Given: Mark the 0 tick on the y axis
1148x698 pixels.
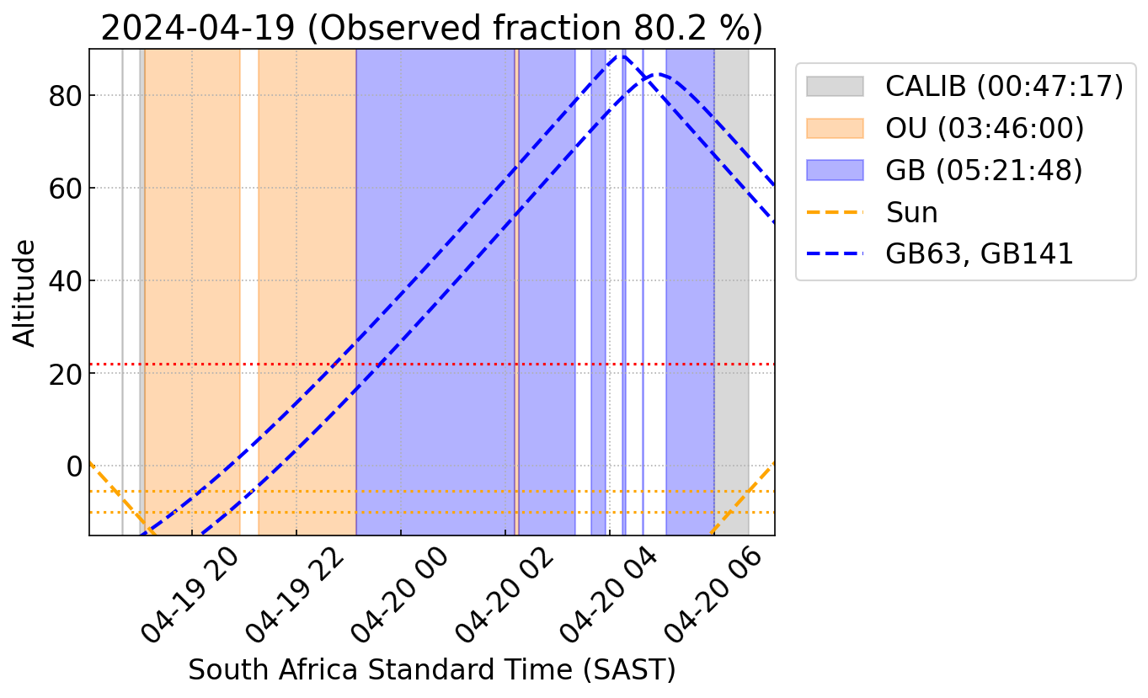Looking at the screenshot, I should [73, 466].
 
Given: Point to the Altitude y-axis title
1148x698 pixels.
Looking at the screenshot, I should [26, 292].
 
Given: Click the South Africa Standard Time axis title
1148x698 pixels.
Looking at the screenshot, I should [431, 670].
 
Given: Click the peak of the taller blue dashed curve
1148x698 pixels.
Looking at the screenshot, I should [622, 56].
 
